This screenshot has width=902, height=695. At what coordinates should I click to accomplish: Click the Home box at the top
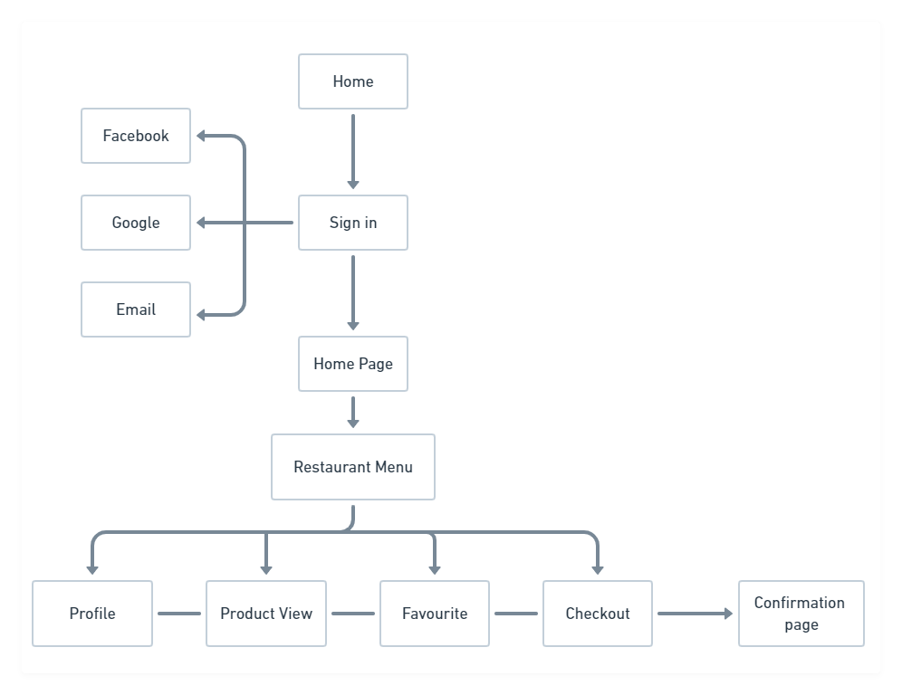pos(353,81)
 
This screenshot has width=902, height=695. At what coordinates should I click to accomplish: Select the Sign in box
pos(353,223)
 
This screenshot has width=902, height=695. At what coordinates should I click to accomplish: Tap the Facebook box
pos(136,136)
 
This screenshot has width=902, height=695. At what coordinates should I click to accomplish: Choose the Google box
pos(136,223)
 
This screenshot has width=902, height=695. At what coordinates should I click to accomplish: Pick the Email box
pos(136,309)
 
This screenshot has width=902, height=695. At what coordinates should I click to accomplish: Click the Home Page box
pos(353,364)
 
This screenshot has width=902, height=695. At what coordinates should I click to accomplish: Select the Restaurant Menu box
pos(353,467)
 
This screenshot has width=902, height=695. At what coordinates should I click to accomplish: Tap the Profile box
pos(92,614)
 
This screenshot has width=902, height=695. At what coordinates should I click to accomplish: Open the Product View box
pos(266,614)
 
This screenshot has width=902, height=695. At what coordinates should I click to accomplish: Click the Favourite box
pos(435,614)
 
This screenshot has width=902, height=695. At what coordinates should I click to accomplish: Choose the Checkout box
pos(598,614)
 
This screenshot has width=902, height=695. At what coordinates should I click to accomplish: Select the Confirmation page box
pos(801,614)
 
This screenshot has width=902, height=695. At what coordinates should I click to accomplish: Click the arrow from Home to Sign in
pos(353,150)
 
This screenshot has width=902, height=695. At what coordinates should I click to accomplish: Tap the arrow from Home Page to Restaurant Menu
pos(353,412)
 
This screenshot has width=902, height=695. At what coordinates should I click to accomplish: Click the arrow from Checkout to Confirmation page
pos(694,614)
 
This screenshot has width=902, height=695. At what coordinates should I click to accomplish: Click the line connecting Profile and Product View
pos(179,614)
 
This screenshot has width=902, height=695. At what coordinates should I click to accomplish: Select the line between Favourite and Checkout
pos(516,614)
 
